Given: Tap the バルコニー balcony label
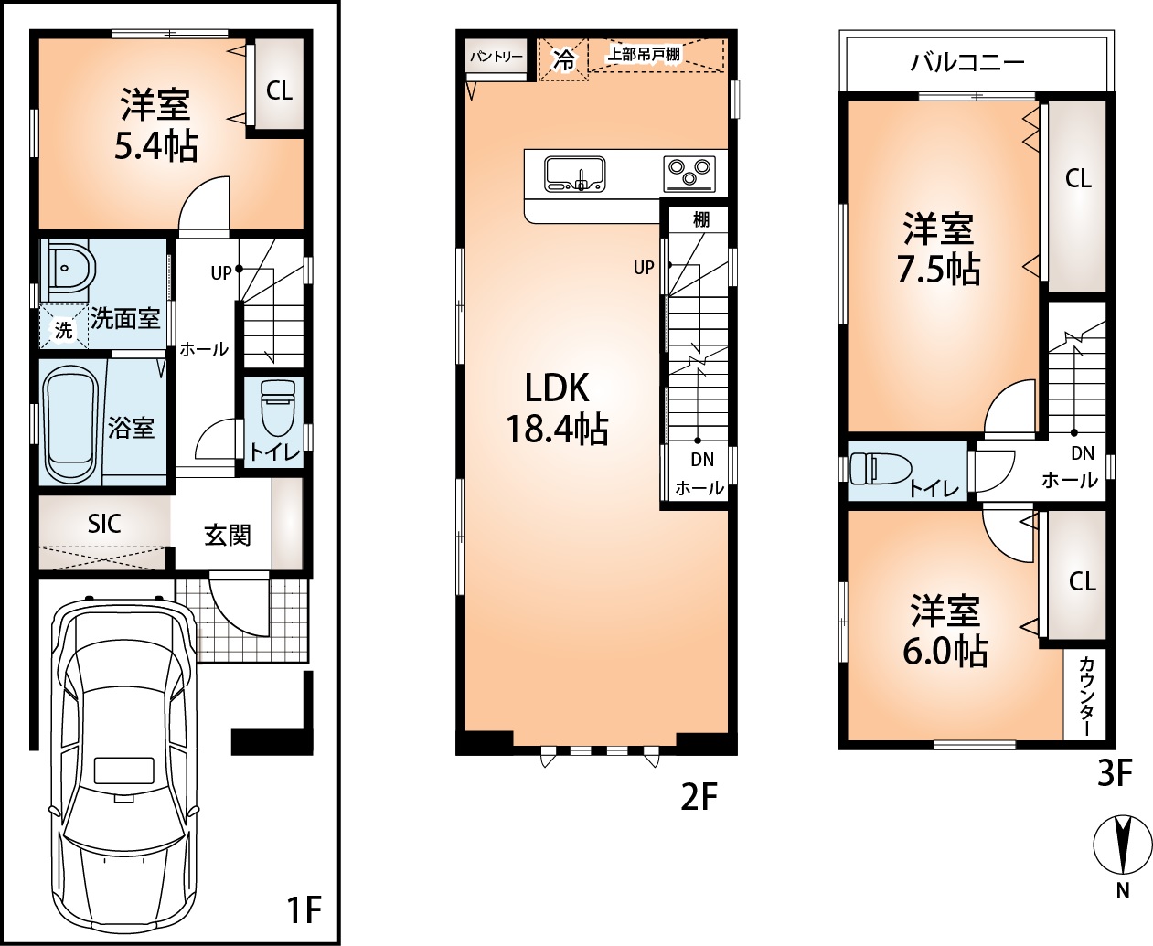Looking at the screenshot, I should pos(966,62).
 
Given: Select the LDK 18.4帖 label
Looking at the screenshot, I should pos(557,408).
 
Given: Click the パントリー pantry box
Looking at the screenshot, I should pos(496,58).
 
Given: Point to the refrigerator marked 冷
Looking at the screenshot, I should pos(563,60).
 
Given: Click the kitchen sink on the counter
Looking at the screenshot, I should pos(574,174).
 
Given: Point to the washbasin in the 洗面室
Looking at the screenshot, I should pos(67,270).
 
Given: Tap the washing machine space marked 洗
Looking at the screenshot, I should pos(63,330).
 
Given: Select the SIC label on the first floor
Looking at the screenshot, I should pos(104,524).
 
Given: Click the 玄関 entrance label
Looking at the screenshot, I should pos(227,535).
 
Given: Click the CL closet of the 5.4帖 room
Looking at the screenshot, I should pos(278,90).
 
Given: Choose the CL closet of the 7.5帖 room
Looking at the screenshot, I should pos(1078,178).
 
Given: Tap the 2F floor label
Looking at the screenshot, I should pos(699,798).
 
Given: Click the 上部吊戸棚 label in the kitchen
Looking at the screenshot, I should pos(645,54).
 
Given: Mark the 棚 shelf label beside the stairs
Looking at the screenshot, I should pos(700,219).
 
